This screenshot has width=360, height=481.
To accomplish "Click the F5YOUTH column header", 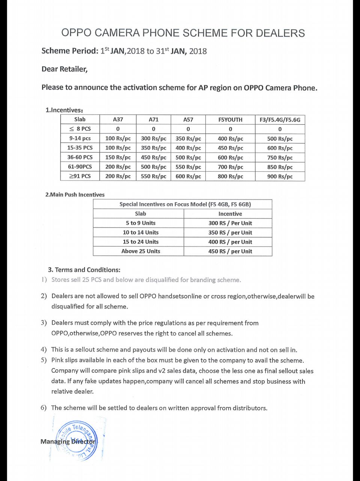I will click(x=230, y=119).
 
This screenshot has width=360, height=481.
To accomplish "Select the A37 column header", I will click(x=118, y=119).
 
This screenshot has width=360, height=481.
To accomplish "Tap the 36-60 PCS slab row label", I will click(x=80, y=157).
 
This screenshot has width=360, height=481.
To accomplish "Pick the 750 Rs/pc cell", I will click(x=280, y=157).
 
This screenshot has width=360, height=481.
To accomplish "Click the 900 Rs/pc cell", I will click(x=280, y=176).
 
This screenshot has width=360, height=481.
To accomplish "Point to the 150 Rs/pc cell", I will click(x=118, y=157).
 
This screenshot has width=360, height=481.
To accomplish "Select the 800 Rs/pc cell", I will click(x=230, y=176).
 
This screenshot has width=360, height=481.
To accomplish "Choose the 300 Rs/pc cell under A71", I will click(x=154, y=138).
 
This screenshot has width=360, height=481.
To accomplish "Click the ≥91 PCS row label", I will click(x=80, y=176).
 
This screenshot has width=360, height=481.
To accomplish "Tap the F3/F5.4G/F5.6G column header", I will click(x=280, y=119).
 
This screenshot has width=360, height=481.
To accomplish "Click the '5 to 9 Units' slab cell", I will click(x=140, y=223).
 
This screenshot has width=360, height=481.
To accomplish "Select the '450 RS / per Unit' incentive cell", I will click(x=230, y=251).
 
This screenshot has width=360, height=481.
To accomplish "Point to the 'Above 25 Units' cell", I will click(x=140, y=251).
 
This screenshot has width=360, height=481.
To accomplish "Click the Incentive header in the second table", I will click(x=230, y=213).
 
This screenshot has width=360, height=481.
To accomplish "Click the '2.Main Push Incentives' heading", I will click(x=75, y=195).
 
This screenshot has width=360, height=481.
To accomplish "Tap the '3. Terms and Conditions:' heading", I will click(x=84, y=270).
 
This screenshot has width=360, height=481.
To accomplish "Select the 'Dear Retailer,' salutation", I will click(x=65, y=69).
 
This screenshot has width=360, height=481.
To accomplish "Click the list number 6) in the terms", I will click(x=44, y=408).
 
